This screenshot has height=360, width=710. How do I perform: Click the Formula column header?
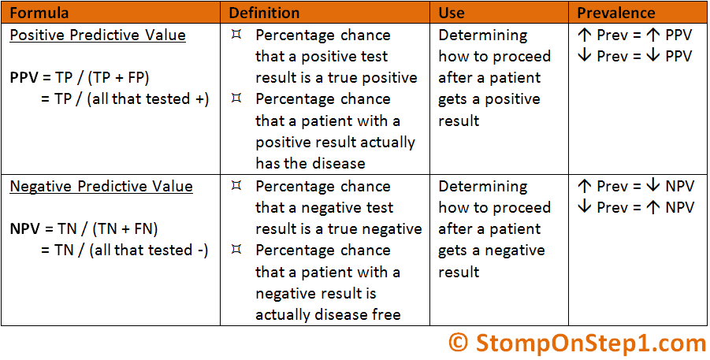coord(39,13)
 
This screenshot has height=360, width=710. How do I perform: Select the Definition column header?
coord(264,13)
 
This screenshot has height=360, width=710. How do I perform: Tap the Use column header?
coord(452,13)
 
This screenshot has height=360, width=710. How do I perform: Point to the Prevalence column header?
coord(615,13)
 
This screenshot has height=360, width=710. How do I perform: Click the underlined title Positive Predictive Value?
coord(98,35)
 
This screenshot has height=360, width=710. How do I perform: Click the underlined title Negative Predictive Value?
coord(101,187)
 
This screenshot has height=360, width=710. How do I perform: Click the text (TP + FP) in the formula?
coord(118,78)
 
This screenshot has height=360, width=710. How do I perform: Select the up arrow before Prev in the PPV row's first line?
coord(585,35)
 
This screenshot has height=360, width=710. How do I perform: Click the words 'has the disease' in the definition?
coord(310,164)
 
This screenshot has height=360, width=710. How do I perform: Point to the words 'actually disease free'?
coord(328,314)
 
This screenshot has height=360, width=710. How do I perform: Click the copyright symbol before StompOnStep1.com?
coord(458,343)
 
